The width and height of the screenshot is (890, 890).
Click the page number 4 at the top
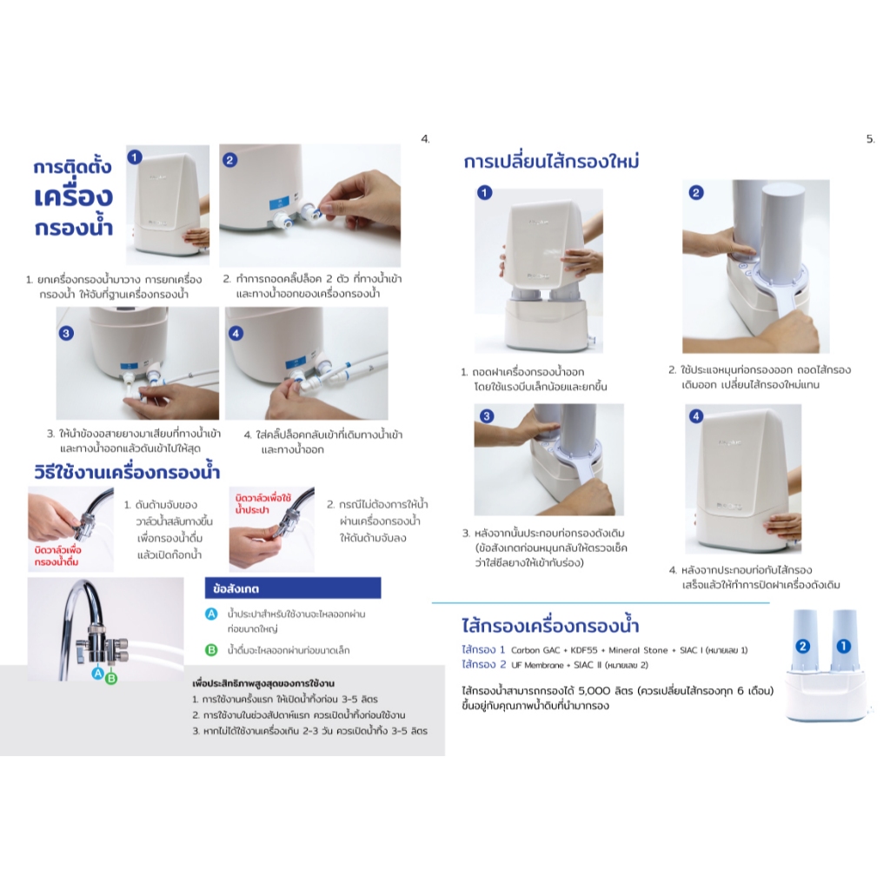(x=425, y=138)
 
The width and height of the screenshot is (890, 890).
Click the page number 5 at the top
(x=870, y=138)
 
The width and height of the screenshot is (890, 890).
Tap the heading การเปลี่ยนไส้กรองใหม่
(x=551, y=161)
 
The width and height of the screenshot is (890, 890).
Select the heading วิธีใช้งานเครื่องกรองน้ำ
(x=127, y=472)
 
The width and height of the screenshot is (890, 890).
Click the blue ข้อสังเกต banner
(x=293, y=588)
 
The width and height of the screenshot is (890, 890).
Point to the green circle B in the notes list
(x=211, y=650)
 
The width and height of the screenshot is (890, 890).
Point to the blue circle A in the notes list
(x=211, y=614)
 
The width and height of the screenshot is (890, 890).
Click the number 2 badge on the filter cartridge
(x=802, y=646)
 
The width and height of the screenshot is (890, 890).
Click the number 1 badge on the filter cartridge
(x=843, y=646)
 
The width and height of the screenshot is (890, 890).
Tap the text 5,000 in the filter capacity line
(x=594, y=691)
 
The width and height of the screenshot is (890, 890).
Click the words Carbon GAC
(x=535, y=650)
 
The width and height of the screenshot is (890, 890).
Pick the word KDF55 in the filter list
(x=584, y=650)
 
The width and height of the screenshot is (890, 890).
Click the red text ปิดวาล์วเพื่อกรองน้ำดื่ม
(x=57, y=555)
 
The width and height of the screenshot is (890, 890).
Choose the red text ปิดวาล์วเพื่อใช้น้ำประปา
(x=262, y=503)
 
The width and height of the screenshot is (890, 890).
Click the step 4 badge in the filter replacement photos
(x=696, y=416)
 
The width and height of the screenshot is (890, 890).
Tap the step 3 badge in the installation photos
(x=66, y=333)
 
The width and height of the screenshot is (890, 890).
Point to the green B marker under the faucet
(x=111, y=678)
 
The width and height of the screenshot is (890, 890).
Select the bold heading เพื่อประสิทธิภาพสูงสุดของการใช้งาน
(x=263, y=683)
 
